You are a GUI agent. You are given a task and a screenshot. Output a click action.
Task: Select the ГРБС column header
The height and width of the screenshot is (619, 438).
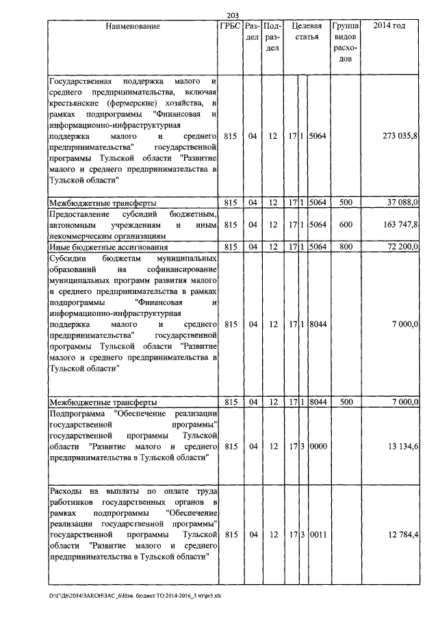pyautogui.click(x=230, y=26)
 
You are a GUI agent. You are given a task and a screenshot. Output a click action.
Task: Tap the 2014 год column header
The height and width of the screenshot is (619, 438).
pyautogui.click(x=389, y=26)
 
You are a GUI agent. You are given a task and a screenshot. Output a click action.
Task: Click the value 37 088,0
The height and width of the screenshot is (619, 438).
pyautogui.click(x=402, y=203)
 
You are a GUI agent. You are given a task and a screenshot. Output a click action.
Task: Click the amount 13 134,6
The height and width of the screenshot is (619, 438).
pyautogui.click(x=402, y=447)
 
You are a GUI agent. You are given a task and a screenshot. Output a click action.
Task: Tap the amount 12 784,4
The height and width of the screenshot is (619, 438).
pyautogui.click(x=402, y=534)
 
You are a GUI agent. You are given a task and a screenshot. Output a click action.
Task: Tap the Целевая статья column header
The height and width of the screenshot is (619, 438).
pyautogui.click(x=307, y=31)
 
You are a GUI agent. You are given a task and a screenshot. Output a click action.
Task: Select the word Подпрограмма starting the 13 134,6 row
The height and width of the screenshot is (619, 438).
pyautogui.click(x=77, y=413)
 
